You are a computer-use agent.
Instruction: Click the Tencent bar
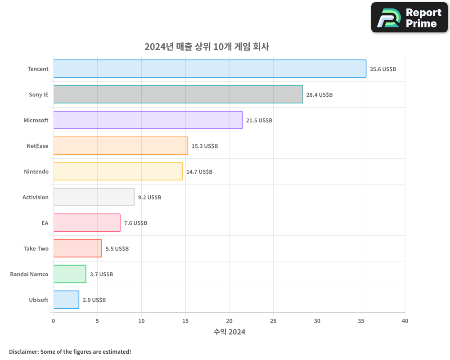(210, 69)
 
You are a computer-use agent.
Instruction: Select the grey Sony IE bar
(178, 94)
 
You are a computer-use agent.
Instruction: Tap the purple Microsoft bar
(148, 120)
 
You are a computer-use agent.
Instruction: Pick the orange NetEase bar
(121, 146)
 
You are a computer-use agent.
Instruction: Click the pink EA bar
(87, 223)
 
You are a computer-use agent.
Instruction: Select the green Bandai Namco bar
(70, 274)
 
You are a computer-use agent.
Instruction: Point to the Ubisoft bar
(66, 300)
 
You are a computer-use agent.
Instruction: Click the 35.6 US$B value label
(383, 69)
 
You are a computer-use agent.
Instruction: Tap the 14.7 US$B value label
(199, 172)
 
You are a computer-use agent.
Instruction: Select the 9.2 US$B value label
(149, 198)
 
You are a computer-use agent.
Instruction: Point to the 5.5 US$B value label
(117, 249)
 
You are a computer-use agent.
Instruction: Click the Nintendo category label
(36, 171)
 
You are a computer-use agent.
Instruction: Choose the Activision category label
(36, 197)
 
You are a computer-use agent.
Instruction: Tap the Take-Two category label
(36, 248)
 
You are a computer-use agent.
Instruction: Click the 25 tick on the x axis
(273, 321)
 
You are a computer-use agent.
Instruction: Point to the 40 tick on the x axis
(405, 321)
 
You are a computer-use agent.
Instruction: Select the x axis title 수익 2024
(229, 332)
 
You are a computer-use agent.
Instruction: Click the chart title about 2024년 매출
(207, 47)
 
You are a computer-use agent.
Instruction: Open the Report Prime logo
(409, 18)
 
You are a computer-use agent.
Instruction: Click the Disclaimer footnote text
(70, 351)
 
